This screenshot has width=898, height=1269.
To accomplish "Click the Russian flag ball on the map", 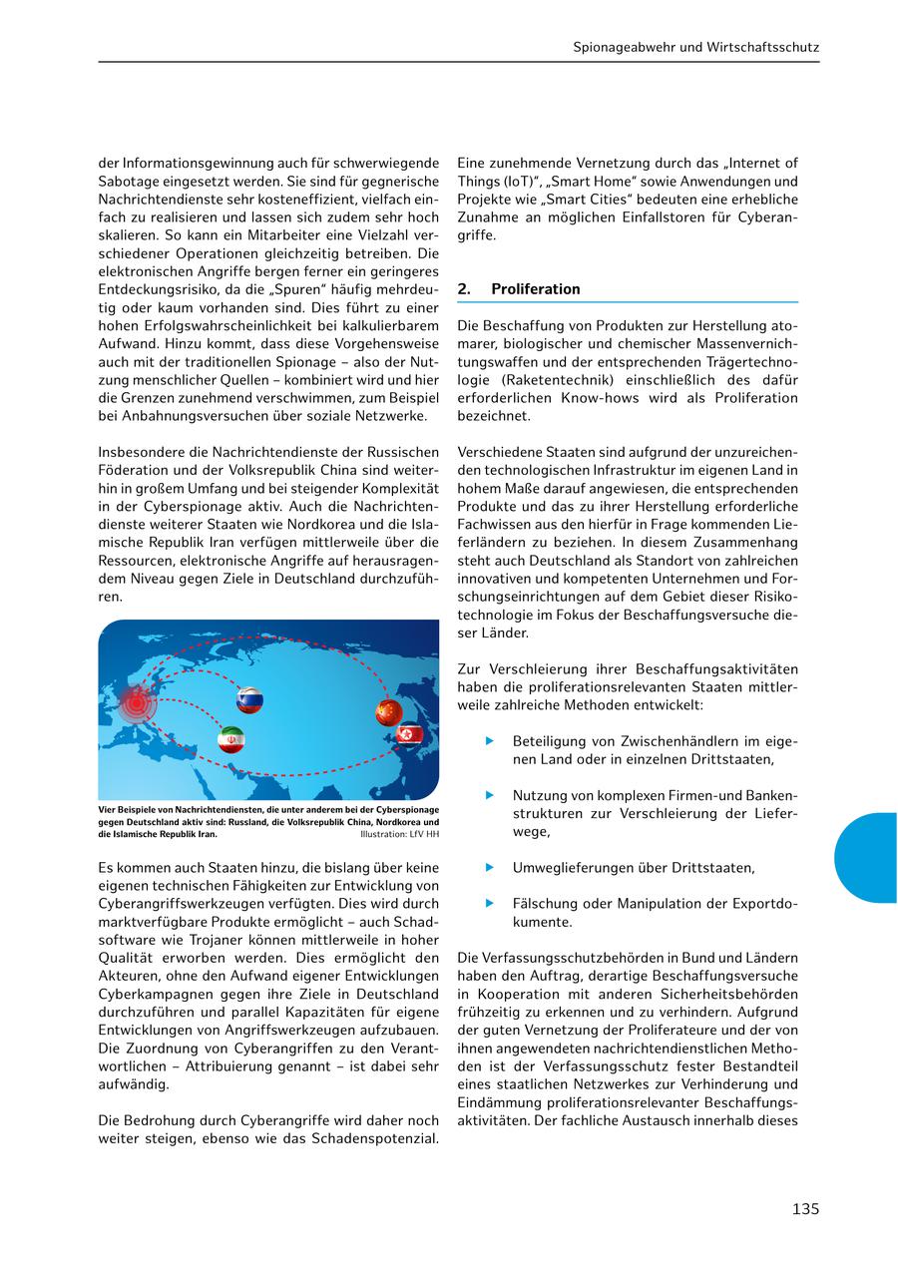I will pyautogui.click(x=249, y=700).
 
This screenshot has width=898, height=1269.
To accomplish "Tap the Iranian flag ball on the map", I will pyautogui.click(x=231, y=739).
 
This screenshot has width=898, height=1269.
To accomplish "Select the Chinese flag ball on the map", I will pyautogui.click(x=388, y=712).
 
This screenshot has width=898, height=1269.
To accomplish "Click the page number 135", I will pyautogui.click(x=805, y=1209).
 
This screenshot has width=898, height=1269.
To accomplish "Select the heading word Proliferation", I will pyautogui.click(x=536, y=289).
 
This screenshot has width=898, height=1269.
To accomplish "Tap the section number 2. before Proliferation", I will pyautogui.click(x=464, y=289).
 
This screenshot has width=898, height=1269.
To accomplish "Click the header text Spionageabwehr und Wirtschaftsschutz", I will pyautogui.click(x=696, y=47).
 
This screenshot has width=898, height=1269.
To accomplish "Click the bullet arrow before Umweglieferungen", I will pyautogui.click(x=490, y=867).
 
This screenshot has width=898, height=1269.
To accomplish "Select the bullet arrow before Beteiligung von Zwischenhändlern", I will pyautogui.click(x=490, y=741).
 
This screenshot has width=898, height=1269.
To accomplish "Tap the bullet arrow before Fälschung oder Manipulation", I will pyautogui.click(x=490, y=903).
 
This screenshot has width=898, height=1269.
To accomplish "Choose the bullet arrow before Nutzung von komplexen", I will pyautogui.click(x=490, y=795).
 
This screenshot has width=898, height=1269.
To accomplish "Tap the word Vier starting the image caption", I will pyautogui.click(x=107, y=810).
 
